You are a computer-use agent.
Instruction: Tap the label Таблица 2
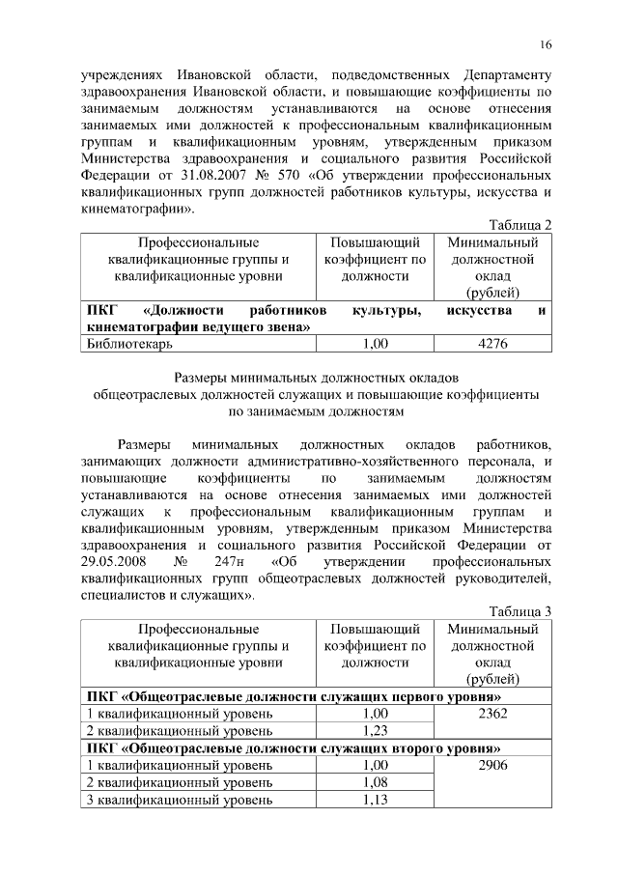pyautogui.click(x=521, y=224)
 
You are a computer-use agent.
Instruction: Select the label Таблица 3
pyautogui.click(x=521, y=611)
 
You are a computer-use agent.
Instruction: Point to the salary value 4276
pyautogui.click(x=492, y=343)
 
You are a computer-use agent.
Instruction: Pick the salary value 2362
pyautogui.click(x=492, y=714)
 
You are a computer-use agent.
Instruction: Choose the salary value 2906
pyautogui.click(x=492, y=765)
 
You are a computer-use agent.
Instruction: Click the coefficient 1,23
pyautogui.click(x=375, y=731)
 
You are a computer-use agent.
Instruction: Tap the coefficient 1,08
pyautogui.click(x=375, y=782)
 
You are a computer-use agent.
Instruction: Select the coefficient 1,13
pyautogui.click(x=375, y=800)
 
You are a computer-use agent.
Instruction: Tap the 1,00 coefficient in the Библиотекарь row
pyautogui.click(x=375, y=343)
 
